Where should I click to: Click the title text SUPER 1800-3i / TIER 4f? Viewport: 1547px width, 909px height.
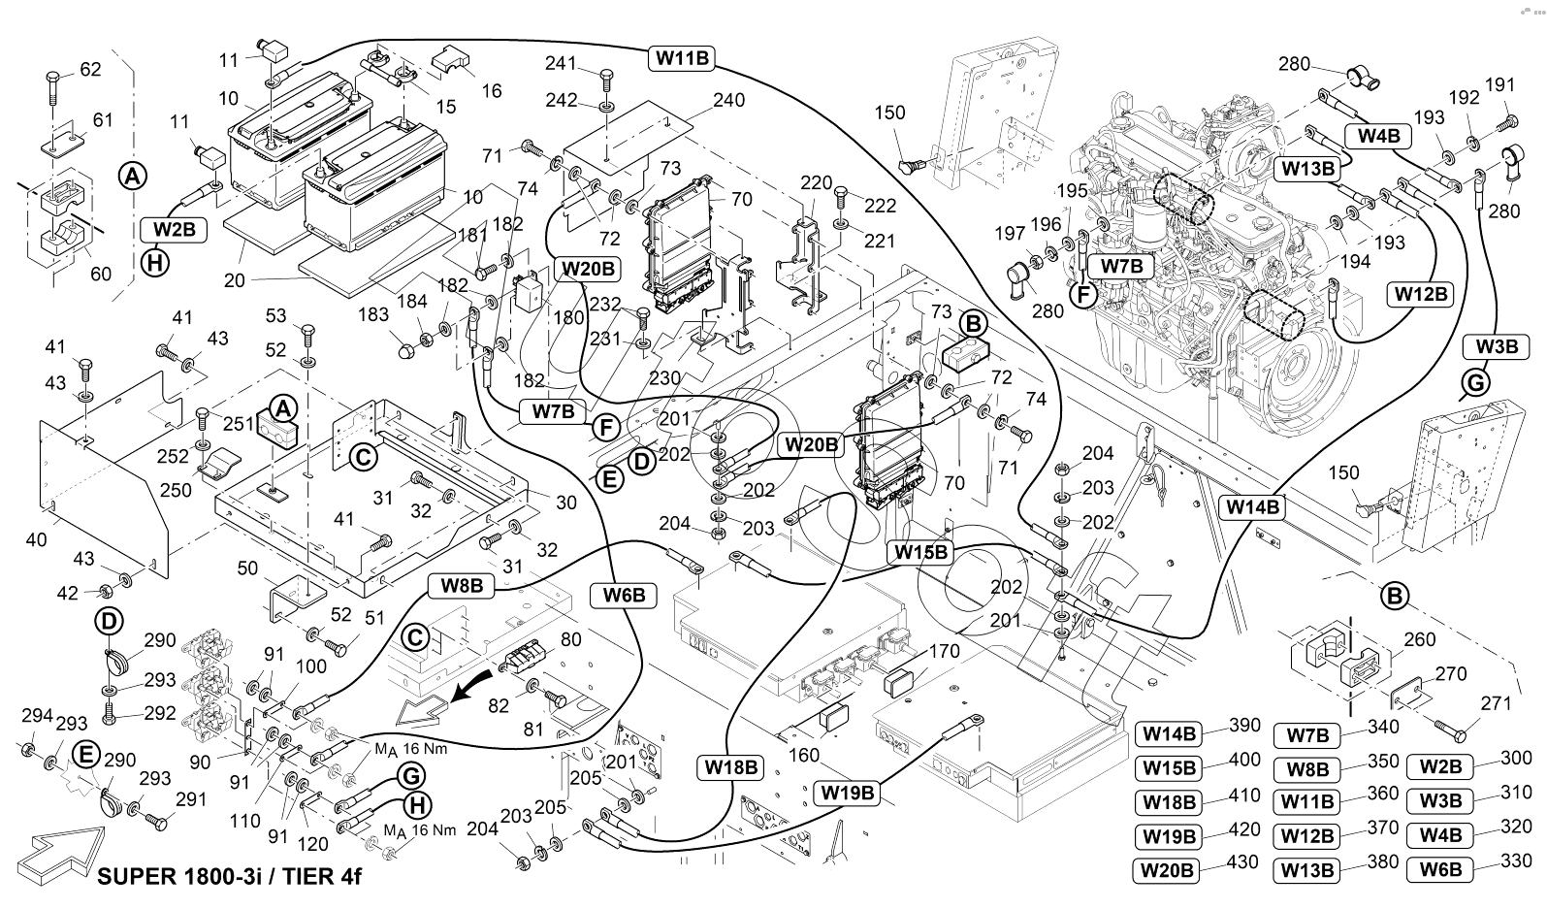(230, 877)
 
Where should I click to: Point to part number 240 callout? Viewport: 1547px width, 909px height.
(728, 100)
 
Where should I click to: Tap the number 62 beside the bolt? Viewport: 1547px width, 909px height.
(90, 70)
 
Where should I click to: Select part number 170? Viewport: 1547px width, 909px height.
(945, 651)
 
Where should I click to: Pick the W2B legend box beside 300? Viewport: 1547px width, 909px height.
(1440, 765)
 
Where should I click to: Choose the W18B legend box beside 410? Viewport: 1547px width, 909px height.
(1170, 802)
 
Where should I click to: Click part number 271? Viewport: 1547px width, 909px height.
(1497, 703)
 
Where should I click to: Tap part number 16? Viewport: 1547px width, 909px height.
(492, 90)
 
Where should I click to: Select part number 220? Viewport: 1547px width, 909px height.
(817, 181)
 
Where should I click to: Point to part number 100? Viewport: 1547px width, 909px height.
(311, 666)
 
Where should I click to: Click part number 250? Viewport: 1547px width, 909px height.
(176, 491)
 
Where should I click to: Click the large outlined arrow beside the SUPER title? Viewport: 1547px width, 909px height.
(66, 850)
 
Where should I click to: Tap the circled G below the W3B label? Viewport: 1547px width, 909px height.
(1474, 383)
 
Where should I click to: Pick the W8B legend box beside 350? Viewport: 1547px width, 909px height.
(1307, 769)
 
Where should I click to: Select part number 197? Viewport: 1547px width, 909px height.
(1011, 233)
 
